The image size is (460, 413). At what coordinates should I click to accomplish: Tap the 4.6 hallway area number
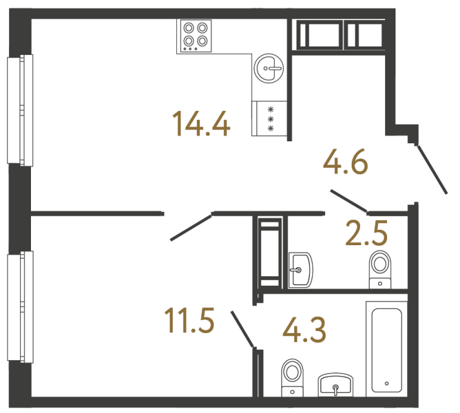[x=345, y=162]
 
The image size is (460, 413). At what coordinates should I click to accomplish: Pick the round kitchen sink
[x=268, y=67]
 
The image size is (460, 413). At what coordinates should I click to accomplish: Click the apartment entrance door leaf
[x=432, y=170]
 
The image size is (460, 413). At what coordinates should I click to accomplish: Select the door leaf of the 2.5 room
[x=348, y=201]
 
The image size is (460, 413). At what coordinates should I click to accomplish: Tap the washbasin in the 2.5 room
[x=300, y=270]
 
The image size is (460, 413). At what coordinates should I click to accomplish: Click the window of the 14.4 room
[x=19, y=110]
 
